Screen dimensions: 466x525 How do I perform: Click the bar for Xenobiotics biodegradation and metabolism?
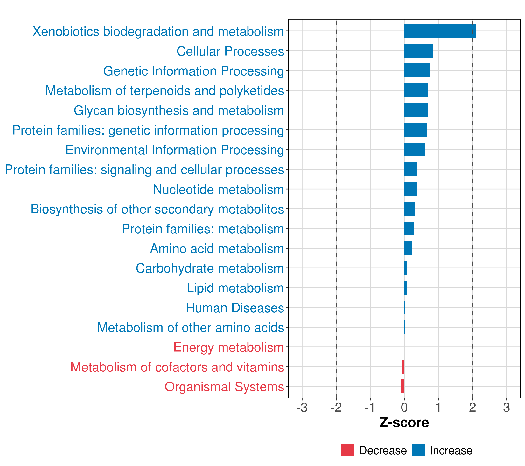[440, 31]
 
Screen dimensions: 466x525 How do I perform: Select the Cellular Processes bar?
[418, 51]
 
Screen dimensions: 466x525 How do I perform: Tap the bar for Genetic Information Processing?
[417, 70]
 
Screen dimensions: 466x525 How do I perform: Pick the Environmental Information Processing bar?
[415, 149]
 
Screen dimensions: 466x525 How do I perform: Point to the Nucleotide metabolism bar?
[410, 189]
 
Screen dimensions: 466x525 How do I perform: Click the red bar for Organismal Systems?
[402, 386]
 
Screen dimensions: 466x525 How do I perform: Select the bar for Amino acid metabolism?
[408, 248]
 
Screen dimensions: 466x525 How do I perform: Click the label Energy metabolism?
[229, 347]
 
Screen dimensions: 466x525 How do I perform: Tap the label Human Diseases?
[235, 308]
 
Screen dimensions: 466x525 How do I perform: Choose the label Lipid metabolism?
[235, 288]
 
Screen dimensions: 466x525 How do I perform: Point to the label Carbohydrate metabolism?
[210, 268]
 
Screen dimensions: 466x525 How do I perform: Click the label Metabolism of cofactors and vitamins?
[177, 367]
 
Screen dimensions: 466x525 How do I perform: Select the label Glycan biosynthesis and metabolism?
[179, 110]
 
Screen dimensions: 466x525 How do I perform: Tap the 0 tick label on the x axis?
[404, 408]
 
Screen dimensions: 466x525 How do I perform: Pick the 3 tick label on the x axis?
[507, 408]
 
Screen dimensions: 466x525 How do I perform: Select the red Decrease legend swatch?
[347, 450]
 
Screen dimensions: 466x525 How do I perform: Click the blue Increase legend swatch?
[418, 450]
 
